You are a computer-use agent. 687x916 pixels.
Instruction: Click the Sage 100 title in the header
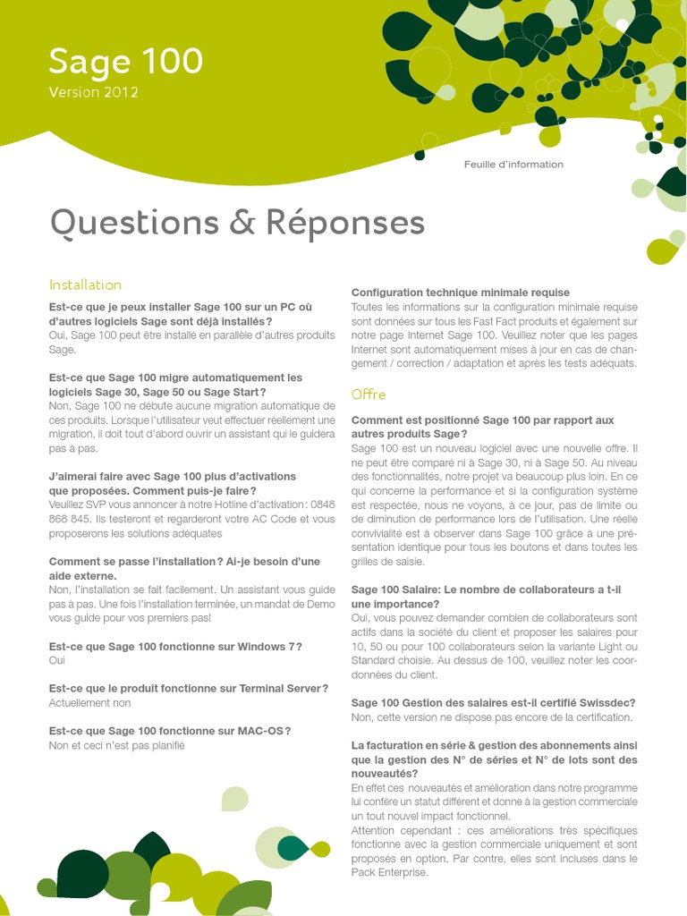125,62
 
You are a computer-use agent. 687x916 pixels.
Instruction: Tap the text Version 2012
93,92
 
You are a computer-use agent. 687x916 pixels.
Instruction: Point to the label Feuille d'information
513,165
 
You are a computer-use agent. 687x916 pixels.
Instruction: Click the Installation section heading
85,284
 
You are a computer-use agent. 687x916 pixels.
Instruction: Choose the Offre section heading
369,394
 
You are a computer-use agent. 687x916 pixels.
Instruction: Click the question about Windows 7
175,646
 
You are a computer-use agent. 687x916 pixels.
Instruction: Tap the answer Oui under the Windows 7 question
57,660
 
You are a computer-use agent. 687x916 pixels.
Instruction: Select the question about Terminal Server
189,688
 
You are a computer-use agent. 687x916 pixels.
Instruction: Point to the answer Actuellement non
89,702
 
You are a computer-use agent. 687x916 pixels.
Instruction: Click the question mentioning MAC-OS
170,730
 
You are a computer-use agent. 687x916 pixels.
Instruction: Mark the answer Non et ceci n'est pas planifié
116,745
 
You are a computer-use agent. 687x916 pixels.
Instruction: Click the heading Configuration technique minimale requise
460,293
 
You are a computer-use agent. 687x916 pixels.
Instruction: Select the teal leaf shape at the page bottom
291,847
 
